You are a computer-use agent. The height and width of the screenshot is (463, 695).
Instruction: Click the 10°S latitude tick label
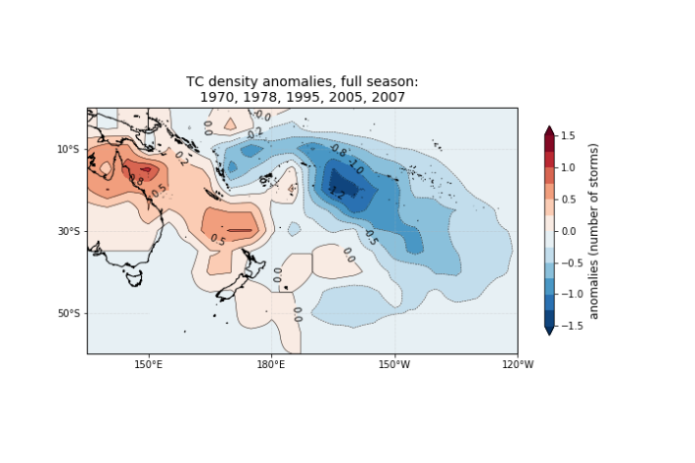pyautogui.click(x=69, y=149)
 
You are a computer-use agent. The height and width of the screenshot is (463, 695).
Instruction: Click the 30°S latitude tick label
pyautogui.click(x=69, y=231)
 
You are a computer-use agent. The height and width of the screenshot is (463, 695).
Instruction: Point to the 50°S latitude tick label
pyautogui.click(x=69, y=313)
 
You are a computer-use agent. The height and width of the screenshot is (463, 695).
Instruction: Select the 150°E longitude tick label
pyautogui.click(x=148, y=366)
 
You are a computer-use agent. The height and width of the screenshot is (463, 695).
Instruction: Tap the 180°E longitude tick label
pyautogui.click(x=271, y=366)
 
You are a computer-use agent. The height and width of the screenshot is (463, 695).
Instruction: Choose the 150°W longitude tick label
pyautogui.click(x=394, y=366)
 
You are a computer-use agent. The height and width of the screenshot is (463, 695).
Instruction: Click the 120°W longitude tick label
pyautogui.click(x=517, y=366)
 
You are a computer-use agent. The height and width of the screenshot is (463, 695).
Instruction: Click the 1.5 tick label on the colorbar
pyautogui.click(x=568, y=135)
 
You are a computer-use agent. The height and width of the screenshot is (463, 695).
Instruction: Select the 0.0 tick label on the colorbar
pyautogui.click(x=568, y=231)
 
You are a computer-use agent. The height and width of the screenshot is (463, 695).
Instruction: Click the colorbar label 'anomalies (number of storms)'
pyautogui.click(x=593, y=231)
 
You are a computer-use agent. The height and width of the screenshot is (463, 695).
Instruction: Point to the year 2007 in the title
pyautogui.click(x=384, y=98)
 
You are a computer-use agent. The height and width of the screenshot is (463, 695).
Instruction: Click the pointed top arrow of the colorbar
pyautogui.click(x=549, y=130)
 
